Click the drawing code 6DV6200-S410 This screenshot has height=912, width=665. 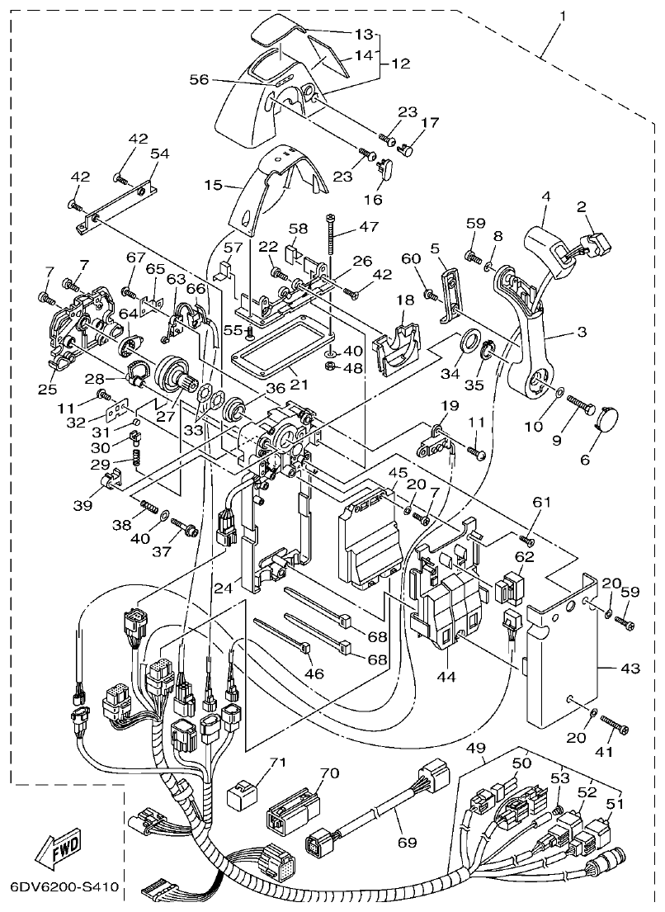[64, 890]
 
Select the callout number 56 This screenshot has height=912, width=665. [199, 79]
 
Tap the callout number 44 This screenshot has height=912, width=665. [447, 676]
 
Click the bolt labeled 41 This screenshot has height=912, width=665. [615, 726]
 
